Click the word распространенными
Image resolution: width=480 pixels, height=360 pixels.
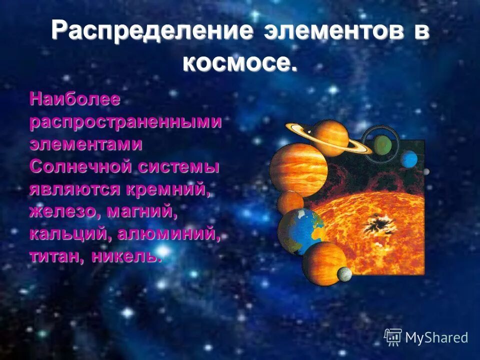click(x=125, y=122)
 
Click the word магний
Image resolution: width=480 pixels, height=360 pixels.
click(x=141, y=211)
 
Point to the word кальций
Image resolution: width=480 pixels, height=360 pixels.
click(x=66, y=234)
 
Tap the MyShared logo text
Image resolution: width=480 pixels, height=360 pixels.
click(x=436, y=337)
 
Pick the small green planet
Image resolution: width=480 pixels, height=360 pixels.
click(x=382, y=145)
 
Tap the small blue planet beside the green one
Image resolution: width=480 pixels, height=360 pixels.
click(x=409, y=159)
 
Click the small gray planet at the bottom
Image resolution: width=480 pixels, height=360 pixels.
click(x=344, y=274)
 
